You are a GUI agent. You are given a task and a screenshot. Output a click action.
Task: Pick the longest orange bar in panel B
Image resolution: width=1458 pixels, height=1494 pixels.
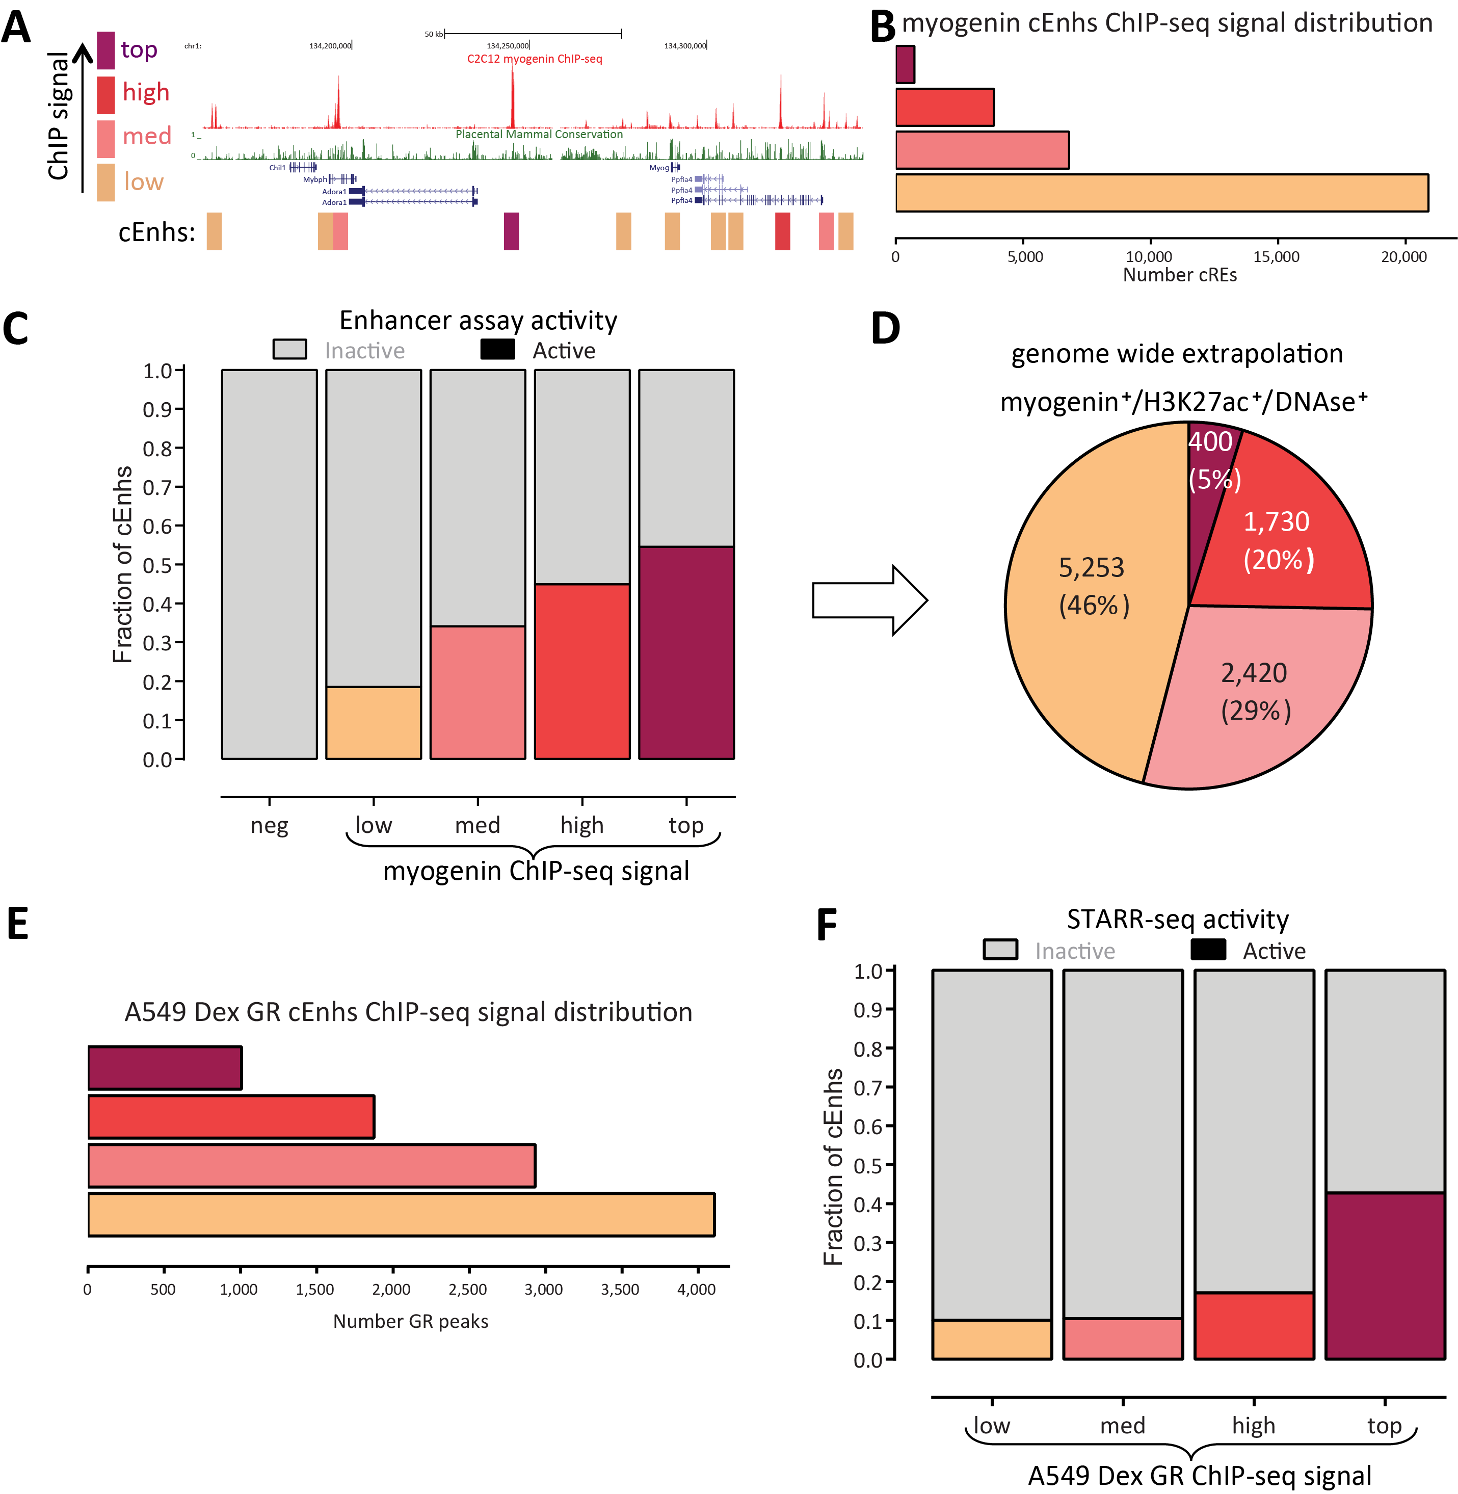(1161, 193)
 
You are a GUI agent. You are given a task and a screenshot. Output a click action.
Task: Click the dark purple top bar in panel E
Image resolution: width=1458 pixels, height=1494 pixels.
(165, 1067)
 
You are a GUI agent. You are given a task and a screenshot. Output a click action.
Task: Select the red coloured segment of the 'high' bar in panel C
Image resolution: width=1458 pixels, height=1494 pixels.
(582, 672)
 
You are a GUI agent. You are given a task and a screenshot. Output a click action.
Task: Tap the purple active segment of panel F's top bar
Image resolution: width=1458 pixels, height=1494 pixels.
(1385, 1276)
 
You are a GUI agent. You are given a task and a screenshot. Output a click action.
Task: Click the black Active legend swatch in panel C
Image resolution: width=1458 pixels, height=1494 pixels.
(497, 350)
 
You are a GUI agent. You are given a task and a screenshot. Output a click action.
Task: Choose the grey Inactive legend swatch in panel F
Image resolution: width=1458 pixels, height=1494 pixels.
(1000, 950)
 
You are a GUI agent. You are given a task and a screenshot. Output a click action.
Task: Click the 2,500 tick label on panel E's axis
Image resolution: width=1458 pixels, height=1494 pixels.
(467, 1290)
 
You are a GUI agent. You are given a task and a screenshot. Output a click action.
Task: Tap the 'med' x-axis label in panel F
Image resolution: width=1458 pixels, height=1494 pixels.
(1123, 1426)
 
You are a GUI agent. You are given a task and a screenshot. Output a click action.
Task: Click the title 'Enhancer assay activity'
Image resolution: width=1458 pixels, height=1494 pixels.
(478, 320)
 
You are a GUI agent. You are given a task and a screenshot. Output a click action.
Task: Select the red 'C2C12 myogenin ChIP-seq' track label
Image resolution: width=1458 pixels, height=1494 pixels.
(535, 59)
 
